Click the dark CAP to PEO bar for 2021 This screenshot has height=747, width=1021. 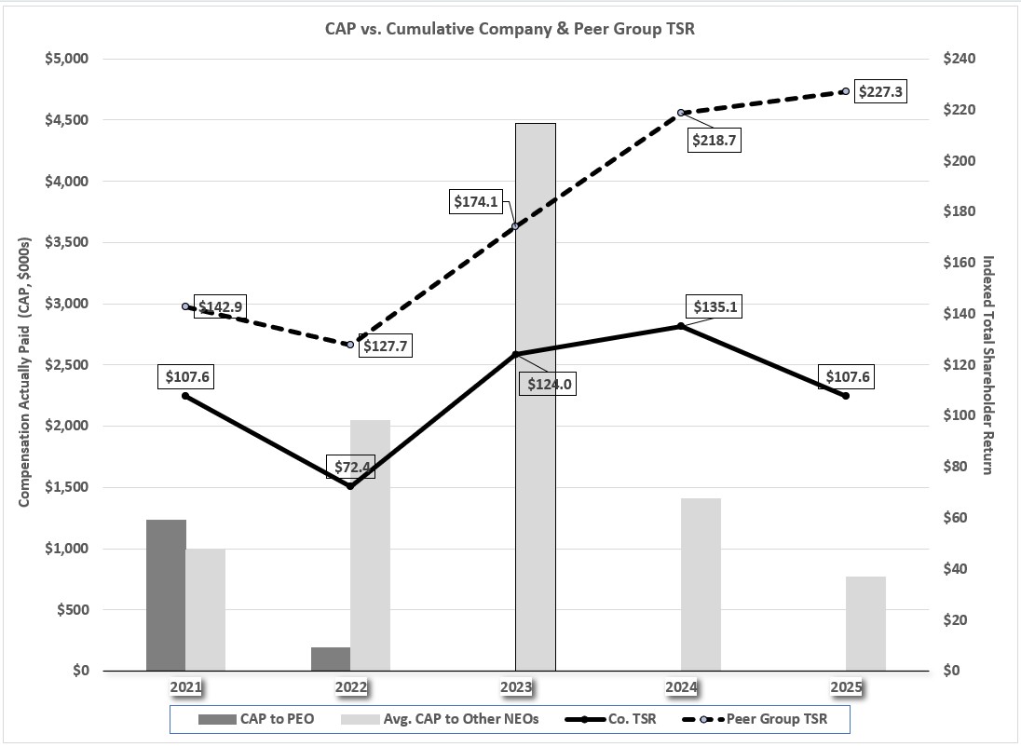166,596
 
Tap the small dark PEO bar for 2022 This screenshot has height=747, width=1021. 331,659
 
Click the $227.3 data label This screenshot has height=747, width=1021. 879,92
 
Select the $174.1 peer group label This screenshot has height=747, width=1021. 476,200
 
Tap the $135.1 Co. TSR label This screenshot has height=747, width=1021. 715,306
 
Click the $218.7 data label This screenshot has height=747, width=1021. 715,140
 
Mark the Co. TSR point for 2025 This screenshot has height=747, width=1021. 845,396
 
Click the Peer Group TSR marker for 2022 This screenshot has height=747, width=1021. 350,345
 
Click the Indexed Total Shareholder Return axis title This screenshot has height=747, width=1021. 987,364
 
